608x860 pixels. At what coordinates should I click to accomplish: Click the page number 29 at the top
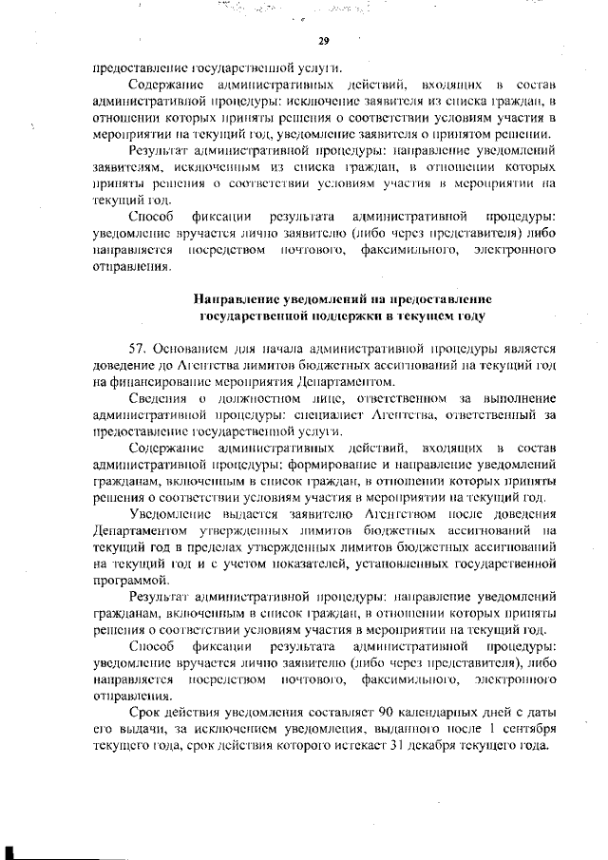[x=322, y=41]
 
